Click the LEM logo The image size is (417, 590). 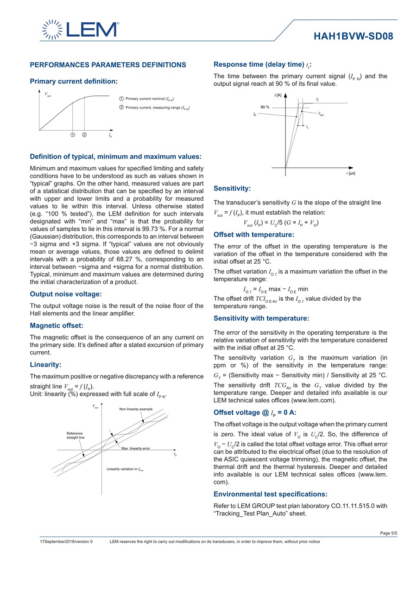click(x=80, y=30)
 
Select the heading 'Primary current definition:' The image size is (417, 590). click(x=74, y=81)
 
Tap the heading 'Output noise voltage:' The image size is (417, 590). click(x=66, y=294)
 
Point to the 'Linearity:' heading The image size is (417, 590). click(x=45, y=364)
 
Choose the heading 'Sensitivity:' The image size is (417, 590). click(x=232, y=188)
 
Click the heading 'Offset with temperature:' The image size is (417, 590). click(x=254, y=235)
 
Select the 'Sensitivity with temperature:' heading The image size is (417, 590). click(x=261, y=318)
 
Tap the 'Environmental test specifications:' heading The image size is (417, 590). click(x=271, y=494)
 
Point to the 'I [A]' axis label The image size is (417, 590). click(x=278, y=95)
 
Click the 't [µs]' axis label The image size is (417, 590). click(x=350, y=173)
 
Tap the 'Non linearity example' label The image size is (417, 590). click(x=136, y=409)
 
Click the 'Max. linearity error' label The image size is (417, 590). click(x=136, y=448)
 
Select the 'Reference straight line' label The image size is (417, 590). click(x=75, y=435)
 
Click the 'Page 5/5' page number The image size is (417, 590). click(x=388, y=533)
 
